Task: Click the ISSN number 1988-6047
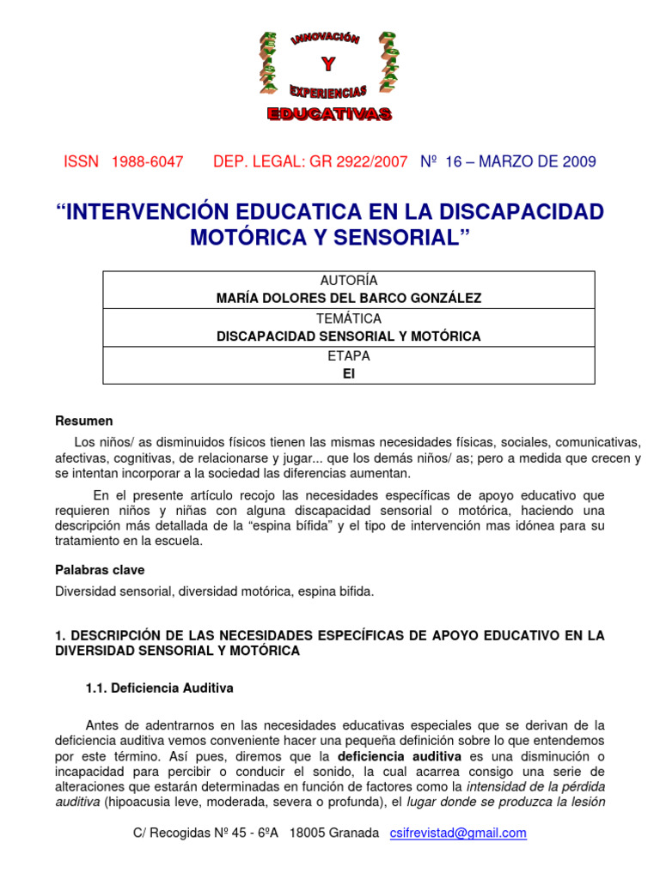148,162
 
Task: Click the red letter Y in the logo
327,64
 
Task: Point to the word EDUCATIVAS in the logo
329,114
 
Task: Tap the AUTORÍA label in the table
348,281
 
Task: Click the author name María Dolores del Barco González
348,299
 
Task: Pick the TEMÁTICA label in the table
348,318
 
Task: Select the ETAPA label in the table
348,355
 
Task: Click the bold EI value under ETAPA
348,373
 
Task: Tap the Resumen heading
84,421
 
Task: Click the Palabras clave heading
100,570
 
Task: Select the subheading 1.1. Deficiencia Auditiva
160,688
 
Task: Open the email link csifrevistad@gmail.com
457,834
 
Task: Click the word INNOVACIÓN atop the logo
327,41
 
